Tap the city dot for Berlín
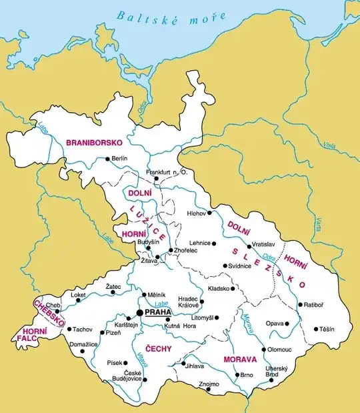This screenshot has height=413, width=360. (x=107, y=159)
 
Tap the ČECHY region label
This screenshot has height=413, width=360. (x=158, y=348)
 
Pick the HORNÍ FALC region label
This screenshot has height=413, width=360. (x=34, y=335)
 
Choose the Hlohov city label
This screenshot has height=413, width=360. (x=196, y=214)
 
